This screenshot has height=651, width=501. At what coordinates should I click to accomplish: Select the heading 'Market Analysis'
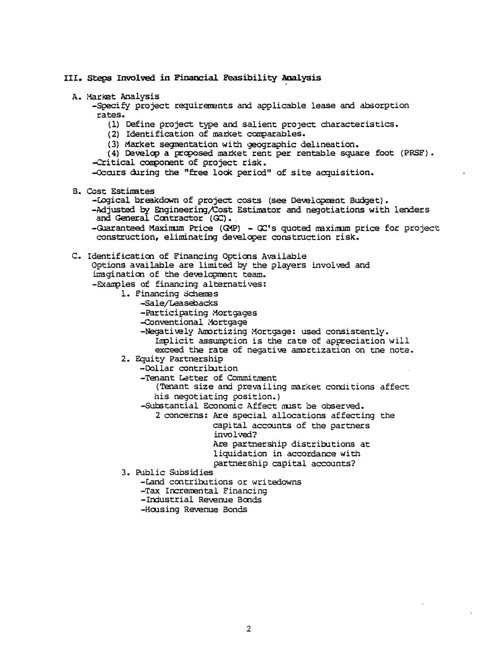(x=123, y=97)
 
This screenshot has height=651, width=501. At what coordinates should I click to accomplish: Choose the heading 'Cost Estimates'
(x=121, y=191)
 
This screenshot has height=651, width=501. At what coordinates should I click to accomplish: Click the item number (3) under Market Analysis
(x=114, y=144)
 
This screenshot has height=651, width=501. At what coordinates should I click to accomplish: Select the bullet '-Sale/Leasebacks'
(x=179, y=303)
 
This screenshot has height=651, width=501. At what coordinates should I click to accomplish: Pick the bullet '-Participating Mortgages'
(x=199, y=313)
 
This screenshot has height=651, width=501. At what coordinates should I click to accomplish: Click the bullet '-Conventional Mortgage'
(x=193, y=322)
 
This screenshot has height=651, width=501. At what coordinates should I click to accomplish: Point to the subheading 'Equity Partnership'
(x=179, y=359)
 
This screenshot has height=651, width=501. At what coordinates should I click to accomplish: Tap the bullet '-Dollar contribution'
(x=189, y=368)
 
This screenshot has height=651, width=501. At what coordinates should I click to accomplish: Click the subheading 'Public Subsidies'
(x=174, y=472)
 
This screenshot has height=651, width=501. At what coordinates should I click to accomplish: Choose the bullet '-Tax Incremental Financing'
(x=203, y=491)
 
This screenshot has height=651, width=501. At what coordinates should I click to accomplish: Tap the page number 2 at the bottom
(x=249, y=629)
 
